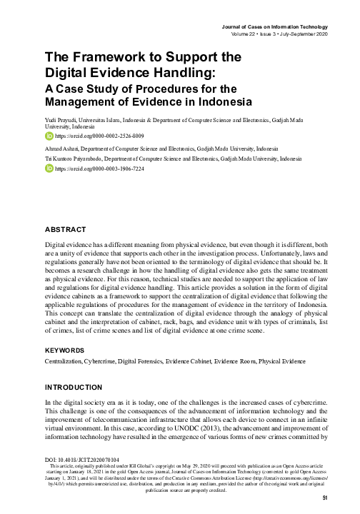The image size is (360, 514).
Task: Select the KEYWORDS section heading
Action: point(65,351)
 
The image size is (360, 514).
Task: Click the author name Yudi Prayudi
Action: point(62,114)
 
